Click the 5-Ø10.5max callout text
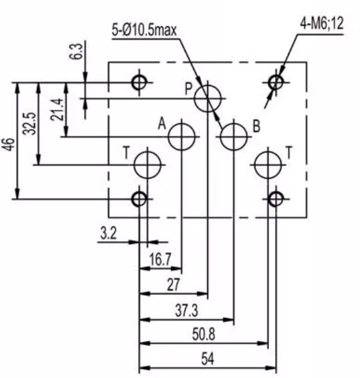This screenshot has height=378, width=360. click(144, 30)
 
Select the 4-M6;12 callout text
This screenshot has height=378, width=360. click(322, 24)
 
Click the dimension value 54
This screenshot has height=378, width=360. click(207, 359)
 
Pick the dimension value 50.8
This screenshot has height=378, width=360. click(204, 335)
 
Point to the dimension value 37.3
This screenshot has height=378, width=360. click(186, 310)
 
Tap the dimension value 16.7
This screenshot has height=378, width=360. click(160, 260)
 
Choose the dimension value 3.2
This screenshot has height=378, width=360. click(109, 233)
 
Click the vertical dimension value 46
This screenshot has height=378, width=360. click(10, 144)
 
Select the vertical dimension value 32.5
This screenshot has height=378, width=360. click(29, 123)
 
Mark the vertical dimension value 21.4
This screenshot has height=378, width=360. click(57, 109)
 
